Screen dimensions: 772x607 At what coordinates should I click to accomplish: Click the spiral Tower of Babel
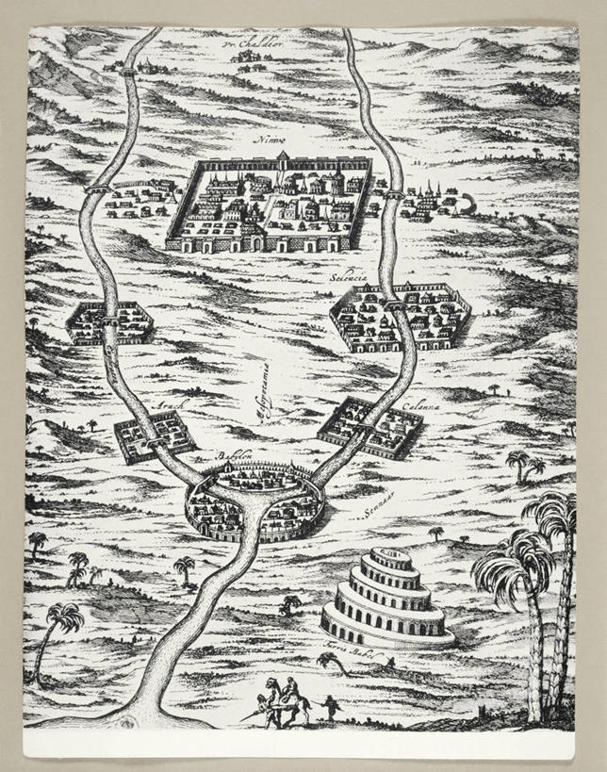coord(387,597)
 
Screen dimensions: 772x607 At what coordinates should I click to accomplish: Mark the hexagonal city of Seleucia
coord(401,319)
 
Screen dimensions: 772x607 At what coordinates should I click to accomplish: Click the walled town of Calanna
coord(369,427)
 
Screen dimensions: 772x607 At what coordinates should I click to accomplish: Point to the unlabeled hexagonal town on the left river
coord(110,323)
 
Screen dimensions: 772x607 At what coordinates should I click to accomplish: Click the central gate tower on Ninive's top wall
coord(283,156)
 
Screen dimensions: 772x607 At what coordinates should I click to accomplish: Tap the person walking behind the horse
coord(331,708)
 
